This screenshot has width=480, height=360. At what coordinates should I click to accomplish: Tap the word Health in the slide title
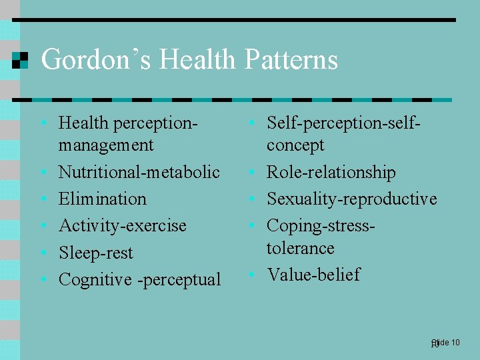(197, 60)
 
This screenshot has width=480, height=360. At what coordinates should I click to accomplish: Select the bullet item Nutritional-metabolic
(139, 172)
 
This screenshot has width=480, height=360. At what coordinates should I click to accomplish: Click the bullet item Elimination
(102, 199)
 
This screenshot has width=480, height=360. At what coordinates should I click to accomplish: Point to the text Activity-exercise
(122, 225)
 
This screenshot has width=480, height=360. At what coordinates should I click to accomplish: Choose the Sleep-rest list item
(95, 253)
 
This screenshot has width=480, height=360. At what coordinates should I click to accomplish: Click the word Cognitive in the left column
(95, 279)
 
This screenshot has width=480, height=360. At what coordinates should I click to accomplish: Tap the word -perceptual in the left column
(179, 279)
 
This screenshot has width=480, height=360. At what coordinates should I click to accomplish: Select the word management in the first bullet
(106, 145)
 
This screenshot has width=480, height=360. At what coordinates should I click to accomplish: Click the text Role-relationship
(331, 172)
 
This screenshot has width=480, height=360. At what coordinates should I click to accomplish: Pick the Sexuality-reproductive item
(351, 199)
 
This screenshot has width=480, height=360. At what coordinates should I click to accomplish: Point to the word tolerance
(300, 248)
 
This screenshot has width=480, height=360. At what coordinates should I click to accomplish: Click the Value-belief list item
(313, 275)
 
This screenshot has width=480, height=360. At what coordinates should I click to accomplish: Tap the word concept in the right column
(295, 145)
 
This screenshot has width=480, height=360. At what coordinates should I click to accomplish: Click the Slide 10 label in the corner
(445, 343)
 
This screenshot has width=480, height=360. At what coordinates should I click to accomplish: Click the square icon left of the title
(21, 60)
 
